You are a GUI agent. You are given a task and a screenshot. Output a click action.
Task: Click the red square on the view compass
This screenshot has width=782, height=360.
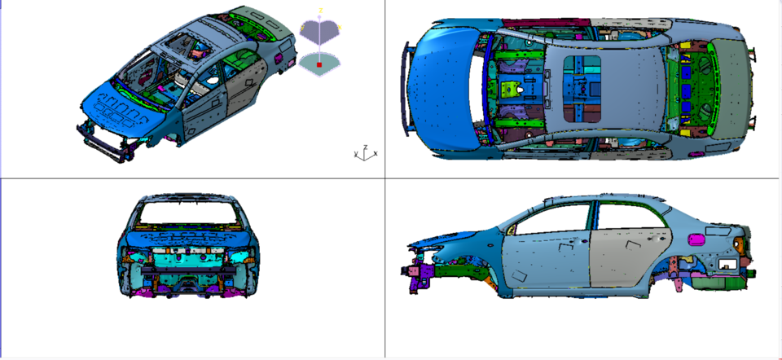(x=320, y=63)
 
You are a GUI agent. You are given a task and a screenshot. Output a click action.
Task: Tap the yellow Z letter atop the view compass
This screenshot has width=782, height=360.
(x=320, y=10)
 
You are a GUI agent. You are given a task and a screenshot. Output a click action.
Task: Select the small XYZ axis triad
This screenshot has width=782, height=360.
(x=366, y=152)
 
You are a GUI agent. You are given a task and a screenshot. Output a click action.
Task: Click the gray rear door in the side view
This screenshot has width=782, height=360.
(x=623, y=257)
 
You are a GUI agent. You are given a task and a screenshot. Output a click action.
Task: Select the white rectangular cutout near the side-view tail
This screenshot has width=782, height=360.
(x=726, y=263)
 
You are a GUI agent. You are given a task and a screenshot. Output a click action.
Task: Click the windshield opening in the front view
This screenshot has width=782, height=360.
(x=191, y=213)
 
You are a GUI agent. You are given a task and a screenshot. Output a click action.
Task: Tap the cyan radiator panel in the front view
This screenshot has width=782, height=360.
(x=189, y=260)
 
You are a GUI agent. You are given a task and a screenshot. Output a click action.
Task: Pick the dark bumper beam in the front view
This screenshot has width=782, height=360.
(x=189, y=272)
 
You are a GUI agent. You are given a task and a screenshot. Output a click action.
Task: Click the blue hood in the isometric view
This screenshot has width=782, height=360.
(x=122, y=110)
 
